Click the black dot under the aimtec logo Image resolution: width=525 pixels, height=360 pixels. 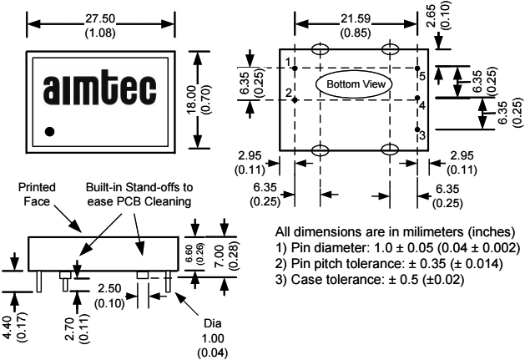click(51, 131)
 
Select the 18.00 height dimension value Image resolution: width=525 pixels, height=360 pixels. click(215, 99)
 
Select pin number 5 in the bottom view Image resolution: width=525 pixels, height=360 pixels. click(423, 76)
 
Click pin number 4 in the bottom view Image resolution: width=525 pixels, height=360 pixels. click(423, 105)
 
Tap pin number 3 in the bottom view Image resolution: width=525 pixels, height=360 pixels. click(423, 134)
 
